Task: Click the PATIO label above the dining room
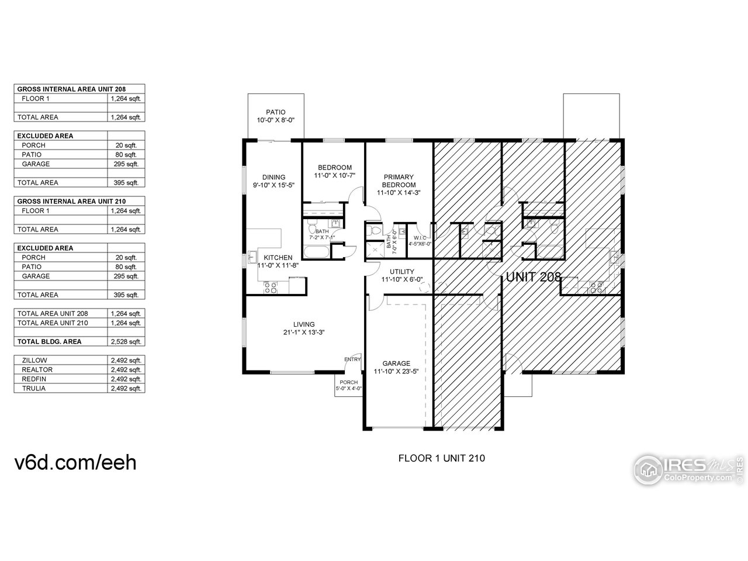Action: pyautogui.click(x=275, y=112)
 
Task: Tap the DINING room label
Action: pyautogui.click(x=273, y=178)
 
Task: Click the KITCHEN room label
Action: pyautogui.click(x=278, y=258)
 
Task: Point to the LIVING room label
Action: pyautogui.click(x=304, y=324)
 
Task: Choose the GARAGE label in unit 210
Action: pyautogui.click(x=396, y=363)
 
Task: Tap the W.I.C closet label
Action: pyautogui.click(x=420, y=237)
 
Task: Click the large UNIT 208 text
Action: pyautogui.click(x=534, y=278)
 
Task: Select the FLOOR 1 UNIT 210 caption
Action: pyautogui.click(x=441, y=458)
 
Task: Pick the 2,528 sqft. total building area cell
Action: pyautogui.click(x=126, y=342)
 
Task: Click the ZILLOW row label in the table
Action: pyautogui.click(x=34, y=361)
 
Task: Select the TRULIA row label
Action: pyautogui.click(x=33, y=389)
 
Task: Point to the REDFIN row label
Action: pyautogui.click(x=34, y=379)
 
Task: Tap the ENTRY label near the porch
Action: pyautogui.click(x=352, y=359)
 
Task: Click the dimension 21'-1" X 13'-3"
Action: pyautogui.click(x=304, y=333)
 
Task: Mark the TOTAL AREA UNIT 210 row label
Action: pyautogui.click(x=53, y=323)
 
